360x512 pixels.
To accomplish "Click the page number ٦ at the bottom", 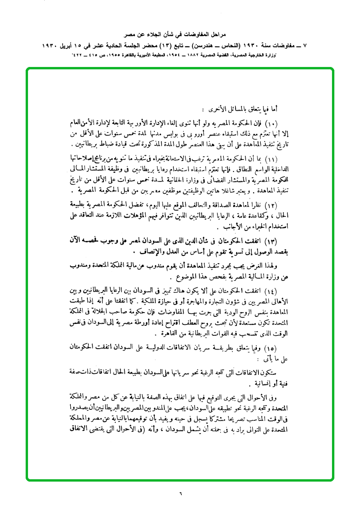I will (180, 492).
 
